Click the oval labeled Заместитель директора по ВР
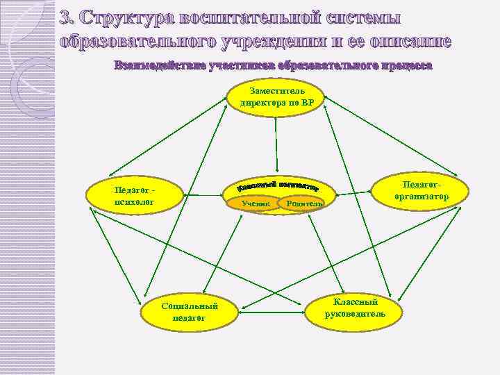click(277, 98)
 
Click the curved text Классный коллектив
click(278, 185)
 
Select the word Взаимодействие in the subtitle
click(152, 66)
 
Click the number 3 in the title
click(66, 17)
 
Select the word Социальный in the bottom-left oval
click(189, 306)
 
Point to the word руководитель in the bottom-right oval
click(355, 313)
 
